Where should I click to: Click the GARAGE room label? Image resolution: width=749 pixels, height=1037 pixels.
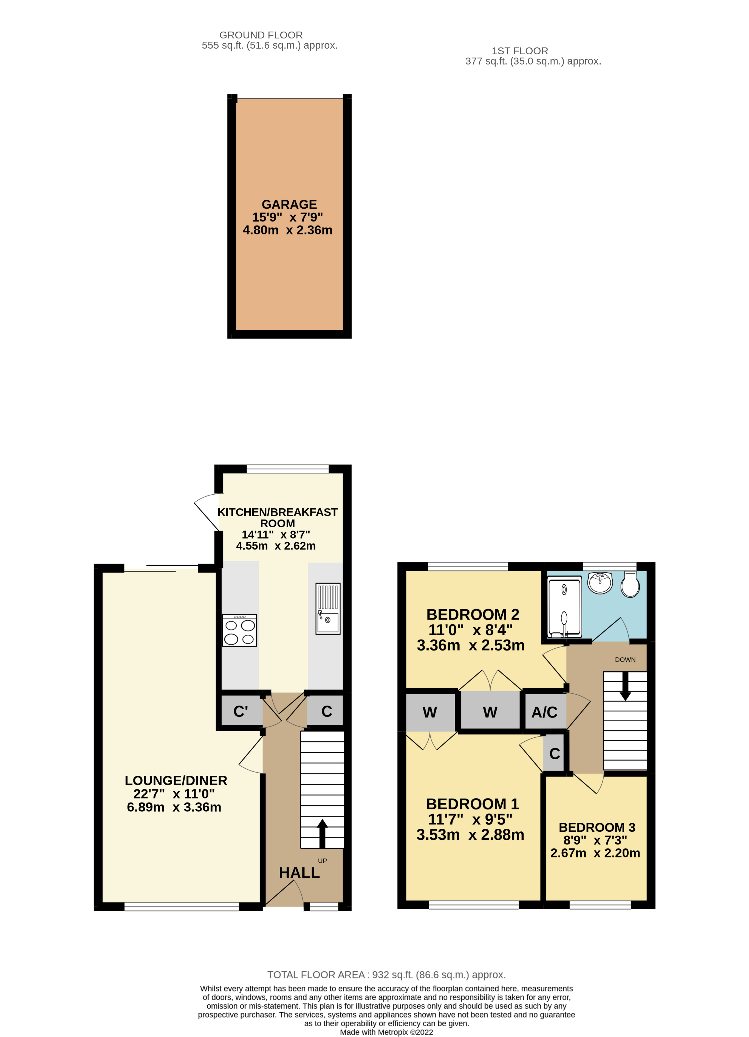click(x=289, y=204)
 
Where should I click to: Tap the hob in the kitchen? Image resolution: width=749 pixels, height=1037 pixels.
click(x=239, y=630)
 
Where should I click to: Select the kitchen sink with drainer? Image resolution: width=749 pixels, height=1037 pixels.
click(x=328, y=609)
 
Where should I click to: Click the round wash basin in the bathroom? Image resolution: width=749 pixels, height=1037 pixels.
click(x=600, y=582)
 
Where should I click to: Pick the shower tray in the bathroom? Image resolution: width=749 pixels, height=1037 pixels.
click(x=564, y=607)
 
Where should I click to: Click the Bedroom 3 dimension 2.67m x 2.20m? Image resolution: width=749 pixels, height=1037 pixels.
click(x=595, y=853)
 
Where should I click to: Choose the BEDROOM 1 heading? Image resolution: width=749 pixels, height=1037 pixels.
click(x=472, y=804)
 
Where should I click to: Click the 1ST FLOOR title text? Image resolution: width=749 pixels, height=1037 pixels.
click(x=520, y=51)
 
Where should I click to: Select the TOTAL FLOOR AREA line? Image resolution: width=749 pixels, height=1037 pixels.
click(x=386, y=975)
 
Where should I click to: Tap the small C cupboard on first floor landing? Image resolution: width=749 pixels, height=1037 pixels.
click(x=554, y=753)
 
